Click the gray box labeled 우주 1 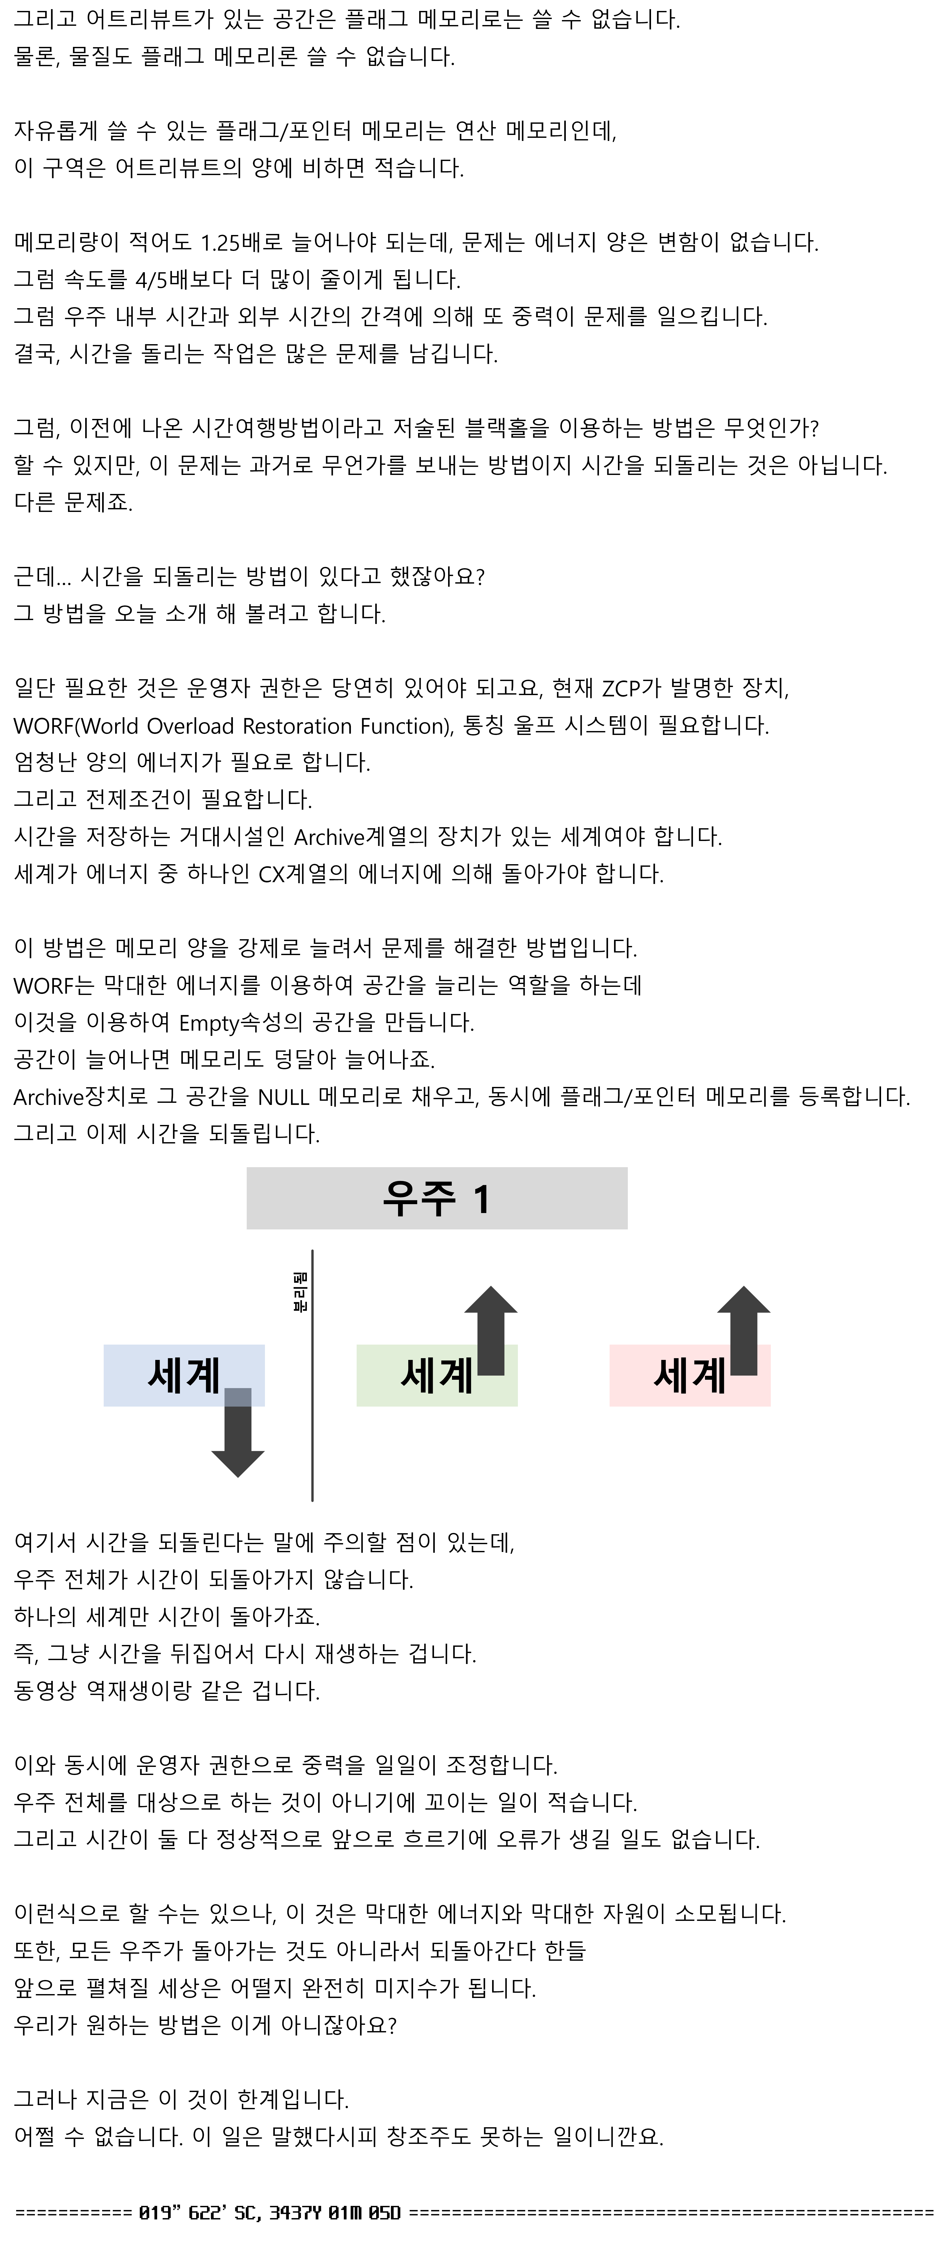point(436,1198)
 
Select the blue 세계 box point(184,1375)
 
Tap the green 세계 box point(436,1375)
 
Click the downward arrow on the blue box point(238,1432)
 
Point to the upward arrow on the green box point(491,1331)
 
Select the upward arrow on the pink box point(743,1331)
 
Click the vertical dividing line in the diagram point(312,1375)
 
